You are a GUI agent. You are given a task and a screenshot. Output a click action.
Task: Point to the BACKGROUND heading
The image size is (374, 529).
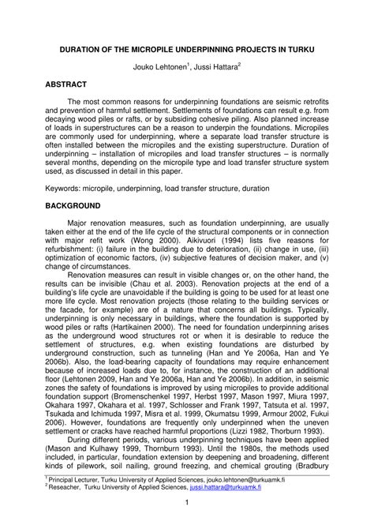click(72, 204)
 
